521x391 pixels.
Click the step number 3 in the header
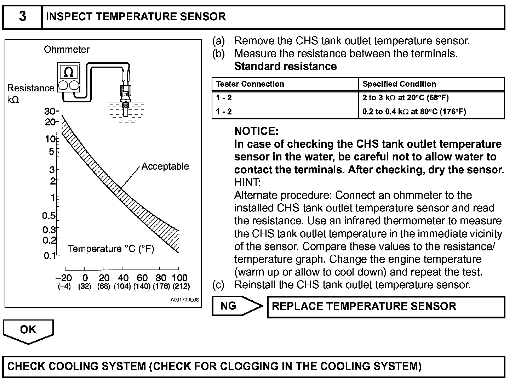click(x=22, y=17)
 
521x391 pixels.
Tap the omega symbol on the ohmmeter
click(x=69, y=72)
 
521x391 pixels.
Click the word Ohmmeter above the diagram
click(x=67, y=49)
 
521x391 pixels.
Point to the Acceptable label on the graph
click(x=165, y=166)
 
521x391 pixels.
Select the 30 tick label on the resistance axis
click(x=49, y=111)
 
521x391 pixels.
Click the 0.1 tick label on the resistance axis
click(x=49, y=255)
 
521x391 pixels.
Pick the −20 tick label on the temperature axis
click(x=64, y=278)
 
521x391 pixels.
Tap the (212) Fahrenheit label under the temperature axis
click(x=181, y=286)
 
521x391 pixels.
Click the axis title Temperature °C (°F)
click(x=111, y=249)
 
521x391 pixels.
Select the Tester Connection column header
click(x=250, y=84)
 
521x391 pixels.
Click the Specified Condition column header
click(x=399, y=84)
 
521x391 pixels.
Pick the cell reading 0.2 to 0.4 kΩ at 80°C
click(x=414, y=112)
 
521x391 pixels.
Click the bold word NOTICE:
click(x=256, y=131)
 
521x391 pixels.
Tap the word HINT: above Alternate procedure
click(x=247, y=182)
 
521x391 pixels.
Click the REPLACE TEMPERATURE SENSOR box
click(x=385, y=307)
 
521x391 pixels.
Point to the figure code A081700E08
click(x=184, y=300)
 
